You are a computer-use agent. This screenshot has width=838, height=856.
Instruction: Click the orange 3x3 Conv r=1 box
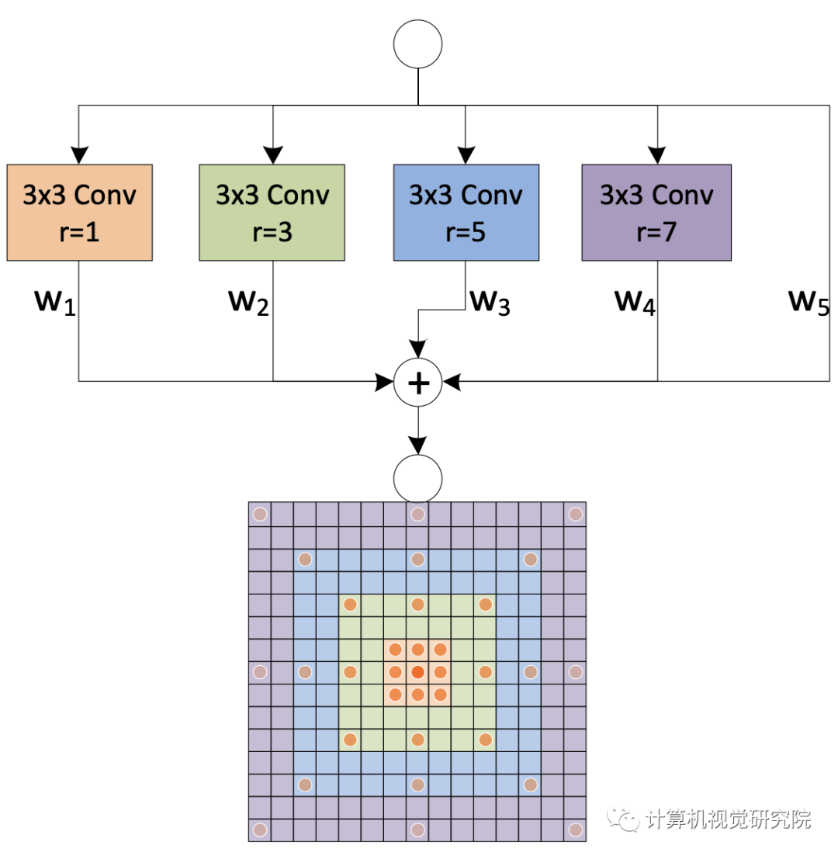[79, 212]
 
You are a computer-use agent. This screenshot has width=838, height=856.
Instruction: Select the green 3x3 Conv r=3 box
[272, 212]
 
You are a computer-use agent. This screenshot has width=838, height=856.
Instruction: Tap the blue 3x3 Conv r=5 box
[466, 212]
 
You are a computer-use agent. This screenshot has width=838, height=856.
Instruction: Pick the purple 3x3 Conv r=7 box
[656, 212]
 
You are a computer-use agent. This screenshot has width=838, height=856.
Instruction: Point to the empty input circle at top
[418, 43]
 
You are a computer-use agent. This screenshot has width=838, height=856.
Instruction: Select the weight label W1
[54, 303]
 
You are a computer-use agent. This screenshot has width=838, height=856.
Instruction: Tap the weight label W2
[248, 303]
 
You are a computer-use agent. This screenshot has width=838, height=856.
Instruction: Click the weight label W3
[490, 303]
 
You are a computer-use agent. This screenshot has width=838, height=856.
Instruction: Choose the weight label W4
[635, 303]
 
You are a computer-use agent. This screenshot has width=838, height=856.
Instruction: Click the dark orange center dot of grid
[417, 671]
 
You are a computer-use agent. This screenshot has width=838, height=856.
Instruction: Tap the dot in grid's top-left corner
[259, 514]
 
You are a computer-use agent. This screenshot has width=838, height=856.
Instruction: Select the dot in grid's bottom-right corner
[575, 829]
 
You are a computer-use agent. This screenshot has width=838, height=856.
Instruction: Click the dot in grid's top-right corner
[575, 514]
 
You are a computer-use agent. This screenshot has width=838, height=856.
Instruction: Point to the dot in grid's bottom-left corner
[259, 829]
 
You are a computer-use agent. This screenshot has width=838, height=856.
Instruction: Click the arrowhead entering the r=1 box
[79, 155]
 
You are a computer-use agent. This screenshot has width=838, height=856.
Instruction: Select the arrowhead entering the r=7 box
[658, 155]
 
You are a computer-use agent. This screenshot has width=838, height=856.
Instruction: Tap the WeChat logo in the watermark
[623, 818]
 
